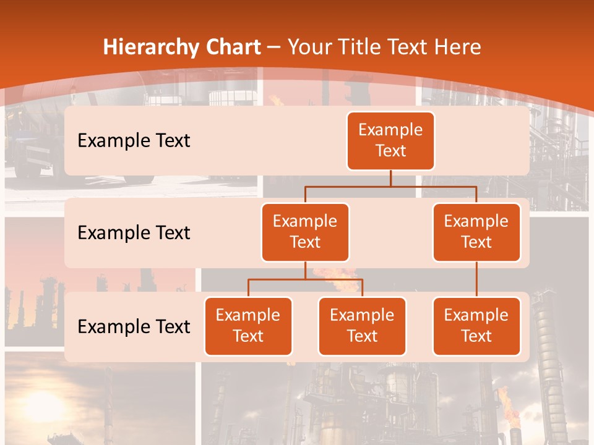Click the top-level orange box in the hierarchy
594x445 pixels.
coord(390,140)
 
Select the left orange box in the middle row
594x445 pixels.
coord(305,232)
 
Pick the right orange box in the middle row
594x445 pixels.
coord(476,232)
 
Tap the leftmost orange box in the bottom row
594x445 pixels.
coord(248,326)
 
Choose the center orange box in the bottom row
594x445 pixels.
coord(362,326)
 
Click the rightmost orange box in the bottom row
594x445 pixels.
coord(476,326)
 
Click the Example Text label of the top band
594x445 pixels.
coord(134,141)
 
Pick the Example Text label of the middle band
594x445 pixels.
coord(134,233)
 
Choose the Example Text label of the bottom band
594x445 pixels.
coord(134,326)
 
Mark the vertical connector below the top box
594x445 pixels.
coord(390,178)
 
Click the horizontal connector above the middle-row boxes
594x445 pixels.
coord(390,186)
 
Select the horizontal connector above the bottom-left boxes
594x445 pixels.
coord(305,279)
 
